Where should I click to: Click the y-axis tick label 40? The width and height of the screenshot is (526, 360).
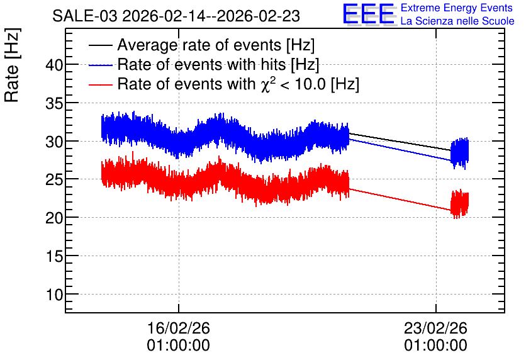pos(54,65)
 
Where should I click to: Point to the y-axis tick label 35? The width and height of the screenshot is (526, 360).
pos(54,103)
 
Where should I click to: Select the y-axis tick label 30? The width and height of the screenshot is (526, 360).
pos(54,142)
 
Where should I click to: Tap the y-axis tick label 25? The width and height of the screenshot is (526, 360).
pos(54,180)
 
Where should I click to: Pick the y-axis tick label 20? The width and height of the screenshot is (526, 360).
pos(54,218)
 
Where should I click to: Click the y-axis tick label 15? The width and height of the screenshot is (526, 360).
pos(54,256)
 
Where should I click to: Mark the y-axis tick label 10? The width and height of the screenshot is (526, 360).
pos(54,295)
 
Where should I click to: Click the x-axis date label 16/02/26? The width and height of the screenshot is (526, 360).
pos(179,328)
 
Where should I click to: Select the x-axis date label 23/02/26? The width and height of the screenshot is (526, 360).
pos(435,328)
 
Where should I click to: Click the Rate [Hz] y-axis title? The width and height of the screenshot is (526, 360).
pos(12,65)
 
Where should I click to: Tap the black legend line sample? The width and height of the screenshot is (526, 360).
pos(100,45)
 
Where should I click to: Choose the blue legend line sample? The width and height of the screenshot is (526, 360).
pos(100,65)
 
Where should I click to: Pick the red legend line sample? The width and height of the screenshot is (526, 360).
pos(100,84)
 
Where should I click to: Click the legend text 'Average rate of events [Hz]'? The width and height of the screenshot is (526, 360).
pos(216,45)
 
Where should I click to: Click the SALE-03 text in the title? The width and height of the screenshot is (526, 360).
pos(85,16)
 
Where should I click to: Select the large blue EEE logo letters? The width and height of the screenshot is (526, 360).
pos(369,14)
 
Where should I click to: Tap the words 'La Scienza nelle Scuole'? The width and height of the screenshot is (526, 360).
pos(457,21)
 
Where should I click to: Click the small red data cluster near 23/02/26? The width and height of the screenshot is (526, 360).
pos(459,204)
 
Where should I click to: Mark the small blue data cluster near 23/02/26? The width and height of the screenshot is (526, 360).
pos(459,153)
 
